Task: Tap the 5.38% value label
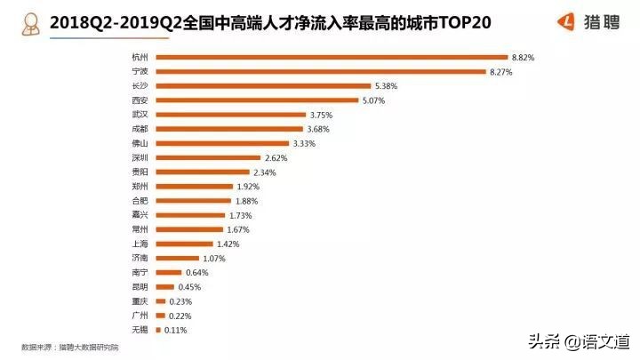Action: click(388, 86)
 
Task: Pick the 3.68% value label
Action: click(319, 129)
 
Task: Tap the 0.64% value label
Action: click(196, 272)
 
